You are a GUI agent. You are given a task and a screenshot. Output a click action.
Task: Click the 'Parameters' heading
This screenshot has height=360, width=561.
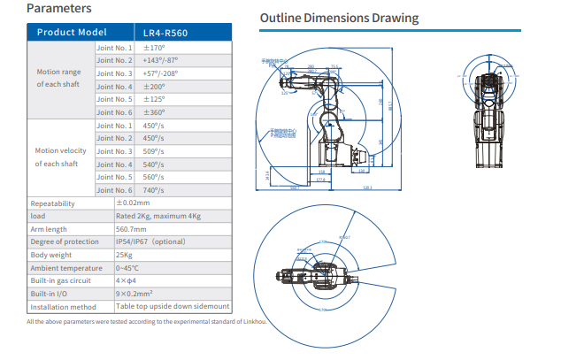click(58, 10)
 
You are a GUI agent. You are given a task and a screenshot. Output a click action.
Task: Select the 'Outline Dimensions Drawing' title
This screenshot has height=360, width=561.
click(338, 19)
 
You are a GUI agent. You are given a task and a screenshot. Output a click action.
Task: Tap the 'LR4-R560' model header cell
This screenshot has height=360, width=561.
click(165, 33)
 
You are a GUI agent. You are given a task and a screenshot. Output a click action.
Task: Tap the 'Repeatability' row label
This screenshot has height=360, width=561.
click(53, 203)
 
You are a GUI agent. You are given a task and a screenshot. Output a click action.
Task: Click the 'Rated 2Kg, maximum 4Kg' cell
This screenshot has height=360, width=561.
click(160, 215)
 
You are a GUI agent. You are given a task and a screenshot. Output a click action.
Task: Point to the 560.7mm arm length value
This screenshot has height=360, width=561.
click(133, 228)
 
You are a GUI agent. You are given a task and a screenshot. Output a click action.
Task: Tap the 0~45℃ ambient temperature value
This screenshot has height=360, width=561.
click(129, 267)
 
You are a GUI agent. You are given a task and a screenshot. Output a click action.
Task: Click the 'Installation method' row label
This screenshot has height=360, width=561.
click(63, 306)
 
